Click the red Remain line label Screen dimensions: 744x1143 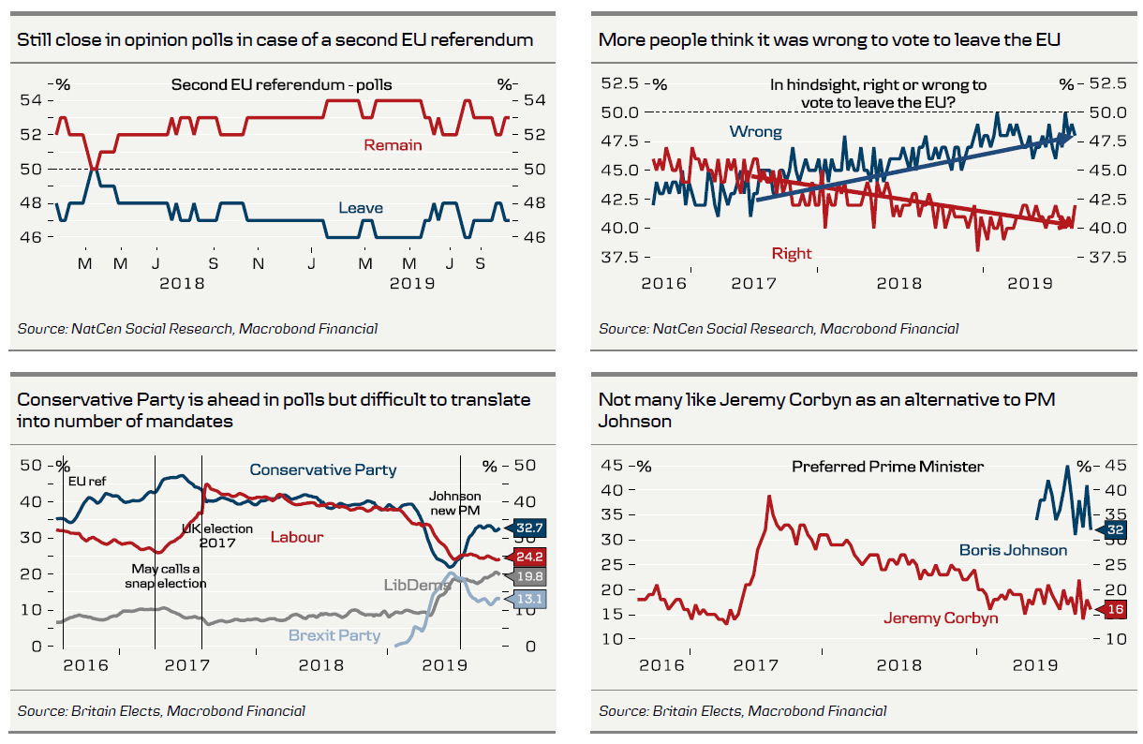coord(393,145)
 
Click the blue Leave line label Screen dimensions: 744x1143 coord(361,208)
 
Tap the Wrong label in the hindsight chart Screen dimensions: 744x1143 coord(756,132)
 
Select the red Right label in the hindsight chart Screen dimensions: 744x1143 coord(792,253)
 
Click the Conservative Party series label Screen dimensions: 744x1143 coord(323,470)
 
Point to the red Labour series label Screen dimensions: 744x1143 coord(297,537)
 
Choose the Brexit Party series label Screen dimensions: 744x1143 coord(334,635)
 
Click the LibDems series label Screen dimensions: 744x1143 coord(416,585)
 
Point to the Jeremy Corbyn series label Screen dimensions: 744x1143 coord(941,618)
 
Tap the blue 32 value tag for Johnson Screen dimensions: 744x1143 coord(1114,528)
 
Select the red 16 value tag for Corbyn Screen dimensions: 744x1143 coord(1114,609)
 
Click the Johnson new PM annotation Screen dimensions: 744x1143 coord(455,503)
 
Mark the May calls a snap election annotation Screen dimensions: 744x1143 coord(165,575)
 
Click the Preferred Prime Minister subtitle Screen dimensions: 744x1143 coord(887,466)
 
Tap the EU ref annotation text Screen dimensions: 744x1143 coord(88,481)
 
